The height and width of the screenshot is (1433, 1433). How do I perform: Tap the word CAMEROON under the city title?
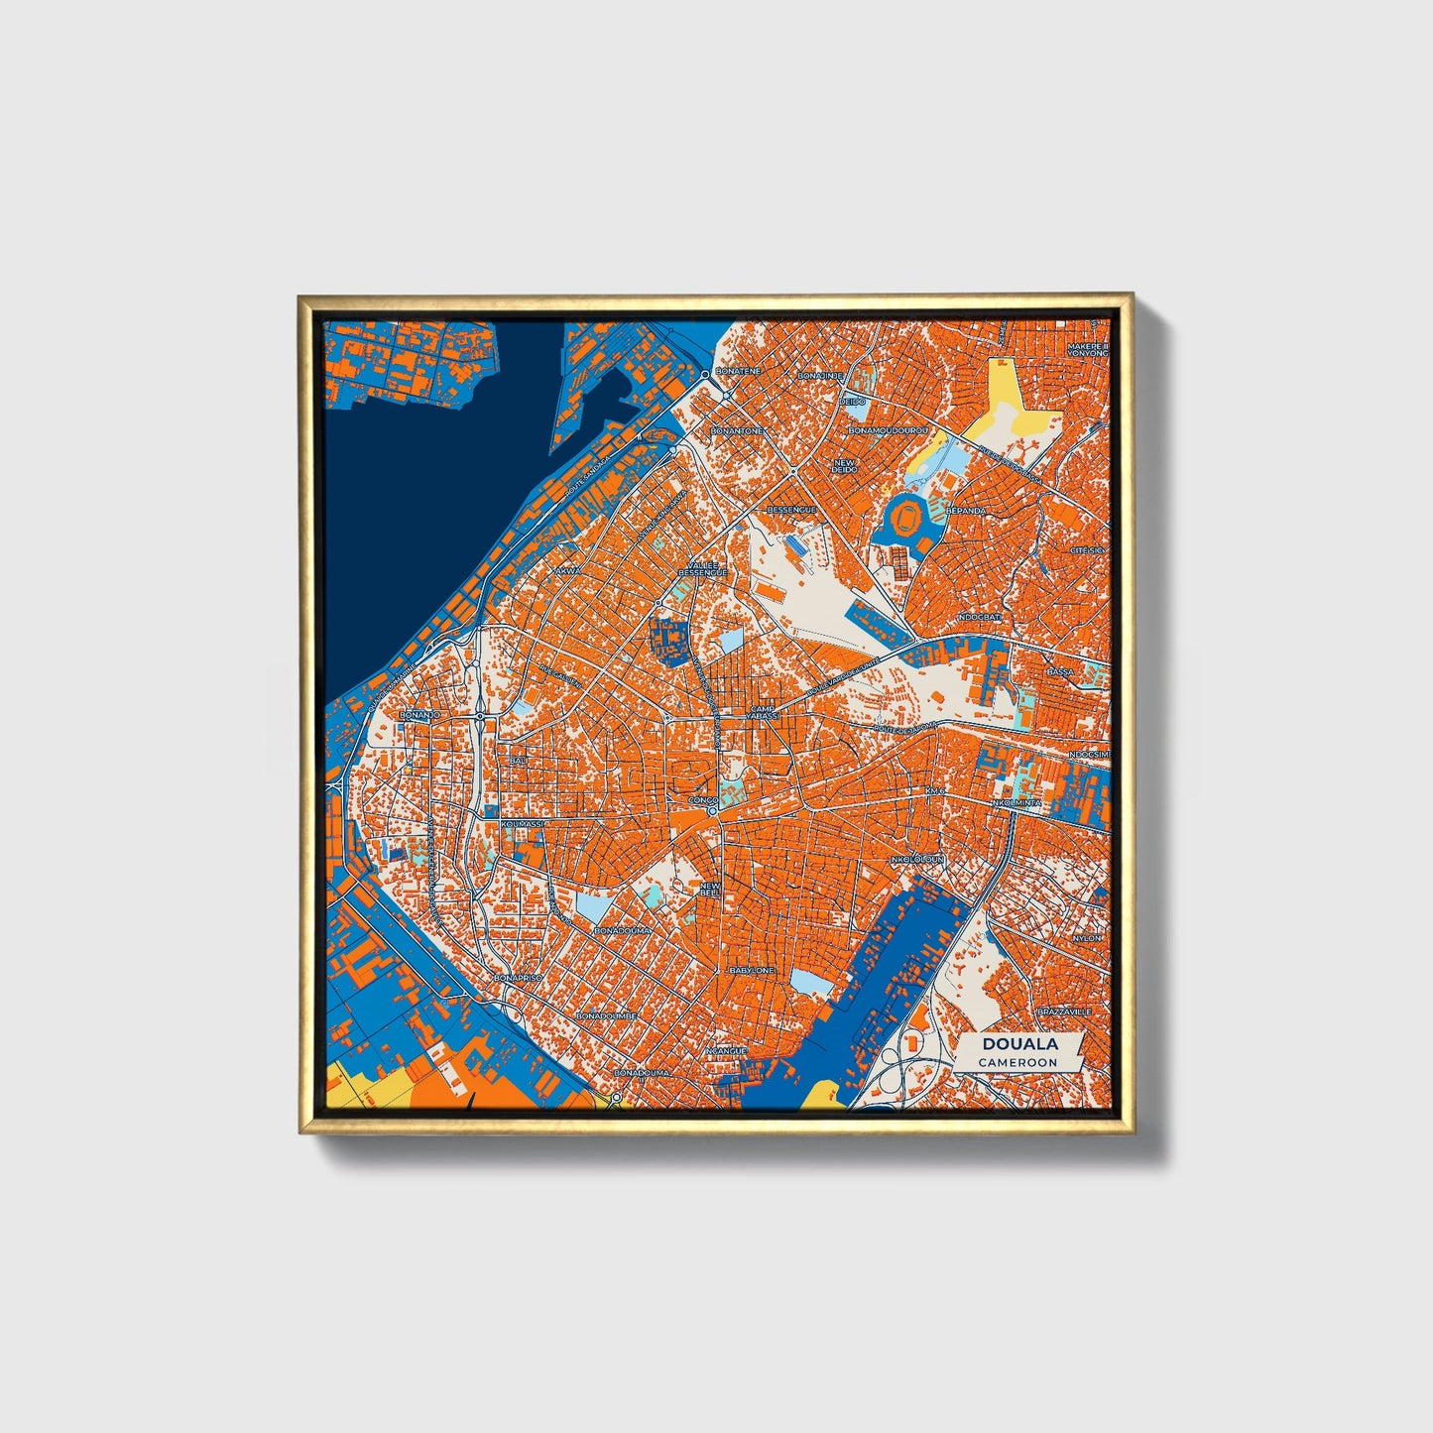(x=1017, y=1062)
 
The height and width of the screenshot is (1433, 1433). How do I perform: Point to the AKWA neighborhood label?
(x=568, y=571)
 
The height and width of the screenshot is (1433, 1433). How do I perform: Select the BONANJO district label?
(x=418, y=714)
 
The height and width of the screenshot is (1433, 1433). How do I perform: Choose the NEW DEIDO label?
(x=846, y=466)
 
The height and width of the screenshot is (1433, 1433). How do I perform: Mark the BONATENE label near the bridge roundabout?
(x=738, y=369)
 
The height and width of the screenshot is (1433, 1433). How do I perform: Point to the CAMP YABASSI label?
(x=764, y=713)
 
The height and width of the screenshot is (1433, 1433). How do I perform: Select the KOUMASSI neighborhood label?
(x=522, y=824)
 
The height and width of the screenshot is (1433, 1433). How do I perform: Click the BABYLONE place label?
(x=751, y=970)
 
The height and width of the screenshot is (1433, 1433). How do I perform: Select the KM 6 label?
(x=935, y=791)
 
